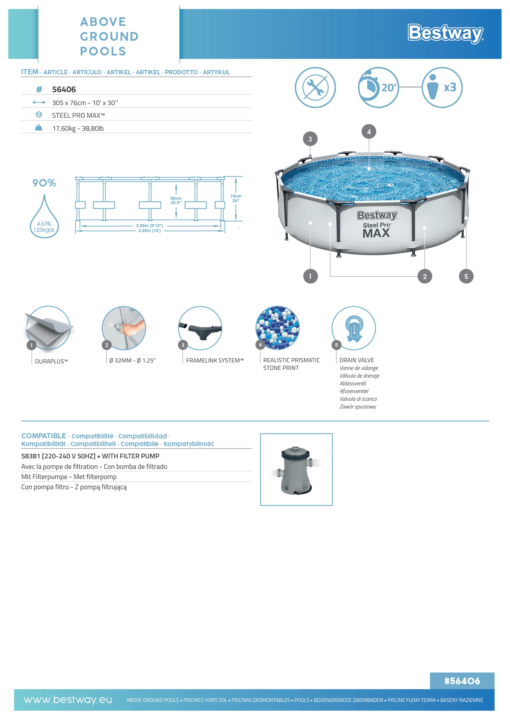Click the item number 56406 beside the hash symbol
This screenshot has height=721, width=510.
[64, 89]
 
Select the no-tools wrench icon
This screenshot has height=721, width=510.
[315, 87]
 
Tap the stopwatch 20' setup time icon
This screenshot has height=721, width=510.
[378, 87]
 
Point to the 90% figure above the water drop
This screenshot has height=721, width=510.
[44, 183]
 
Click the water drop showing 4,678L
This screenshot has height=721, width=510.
[44, 220]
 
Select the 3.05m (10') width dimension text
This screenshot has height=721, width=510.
[150, 231]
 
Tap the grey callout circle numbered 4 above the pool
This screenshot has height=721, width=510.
[369, 132]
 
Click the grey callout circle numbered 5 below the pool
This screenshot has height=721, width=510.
[466, 276]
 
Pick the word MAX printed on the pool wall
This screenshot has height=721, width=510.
[376, 233]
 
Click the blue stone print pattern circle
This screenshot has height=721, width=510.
[277, 328]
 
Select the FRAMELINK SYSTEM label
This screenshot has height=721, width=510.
[215, 361]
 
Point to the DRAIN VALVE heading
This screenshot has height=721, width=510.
[357, 360]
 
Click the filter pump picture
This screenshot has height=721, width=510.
[296, 469]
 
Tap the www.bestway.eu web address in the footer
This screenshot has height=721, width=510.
[68, 700]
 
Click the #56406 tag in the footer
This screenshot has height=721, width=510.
[462, 681]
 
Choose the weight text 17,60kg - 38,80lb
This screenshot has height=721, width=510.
[78, 129]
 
